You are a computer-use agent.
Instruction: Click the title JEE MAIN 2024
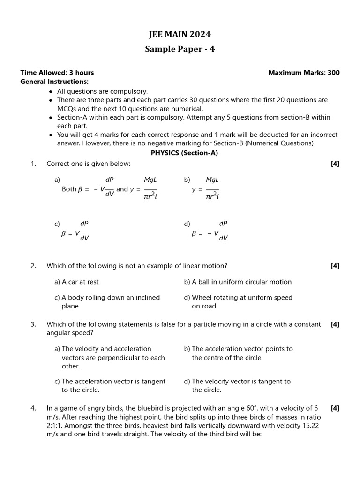[x=180, y=34]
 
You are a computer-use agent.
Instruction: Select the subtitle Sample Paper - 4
[x=180, y=49]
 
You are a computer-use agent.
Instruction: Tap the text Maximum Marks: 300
[x=304, y=73]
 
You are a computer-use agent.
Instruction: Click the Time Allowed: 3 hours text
[x=57, y=73]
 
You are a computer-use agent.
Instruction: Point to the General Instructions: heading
[x=54, y=82]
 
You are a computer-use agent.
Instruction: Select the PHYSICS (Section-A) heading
[x=184, y=153]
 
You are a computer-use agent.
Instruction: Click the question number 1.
[x=33, y=164]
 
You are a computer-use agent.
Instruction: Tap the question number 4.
[x=33, y=408]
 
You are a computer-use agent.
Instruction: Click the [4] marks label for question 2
[x=335, y=266]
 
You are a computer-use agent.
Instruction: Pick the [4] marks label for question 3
[x=335, y=324]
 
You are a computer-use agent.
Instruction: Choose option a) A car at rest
[x=76, y=282]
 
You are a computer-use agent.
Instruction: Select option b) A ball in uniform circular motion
[x=238, y=282]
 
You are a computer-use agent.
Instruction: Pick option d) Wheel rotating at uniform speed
[x=238, y=301]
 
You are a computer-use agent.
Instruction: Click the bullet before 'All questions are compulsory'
[x=51, y=92]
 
